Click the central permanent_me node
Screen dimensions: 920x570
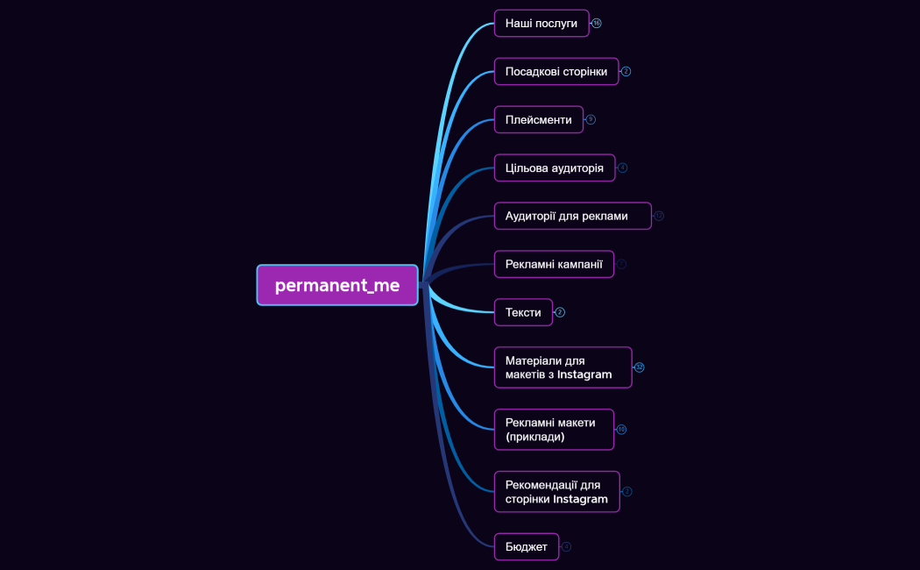click(337, 285)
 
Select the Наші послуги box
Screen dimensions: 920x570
click(541, 23)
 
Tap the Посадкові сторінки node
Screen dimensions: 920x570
click(556, 71)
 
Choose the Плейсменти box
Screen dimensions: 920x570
click(538, 119)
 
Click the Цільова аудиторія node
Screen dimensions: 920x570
click(554, 167)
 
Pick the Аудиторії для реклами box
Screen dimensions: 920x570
click(572, 216)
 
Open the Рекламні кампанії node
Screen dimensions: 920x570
click(554, 264)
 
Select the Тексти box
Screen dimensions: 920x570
click(523, 312)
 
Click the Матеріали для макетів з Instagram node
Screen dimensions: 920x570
click(563, 367)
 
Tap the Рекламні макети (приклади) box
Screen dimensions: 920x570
click(554, 429)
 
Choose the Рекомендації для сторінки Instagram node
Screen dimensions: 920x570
click(556, 491)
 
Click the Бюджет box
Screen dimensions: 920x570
click(526, 546)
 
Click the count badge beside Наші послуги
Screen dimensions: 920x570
click(597, 23)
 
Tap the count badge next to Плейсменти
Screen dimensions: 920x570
click(591, 119)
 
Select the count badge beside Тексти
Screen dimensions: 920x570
click(560, 312)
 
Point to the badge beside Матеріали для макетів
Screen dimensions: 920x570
click(640, 367)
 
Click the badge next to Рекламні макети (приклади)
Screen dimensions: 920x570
click(621, 430)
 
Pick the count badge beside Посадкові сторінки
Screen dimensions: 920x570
click(626, 71)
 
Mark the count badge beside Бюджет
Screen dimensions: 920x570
click(566, 546)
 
